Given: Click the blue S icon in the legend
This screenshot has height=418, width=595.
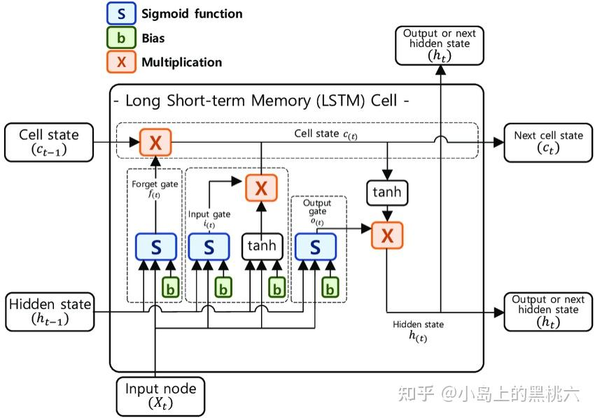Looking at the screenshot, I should pyautogui.click(x=122, y=14).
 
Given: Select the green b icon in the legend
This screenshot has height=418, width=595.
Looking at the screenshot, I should pyautogui.click(x=122, y=38).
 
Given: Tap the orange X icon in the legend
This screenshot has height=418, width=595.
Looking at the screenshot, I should pyautogui.click(x=122, y=62).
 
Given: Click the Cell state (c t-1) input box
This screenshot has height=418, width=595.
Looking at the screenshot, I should pyautogui.click(x=49, y=141).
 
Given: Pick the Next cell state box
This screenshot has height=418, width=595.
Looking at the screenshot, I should pyautogui.click(x=548, y=142).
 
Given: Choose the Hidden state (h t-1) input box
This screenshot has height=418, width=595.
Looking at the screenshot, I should pyautogui.click(x=49, y=312).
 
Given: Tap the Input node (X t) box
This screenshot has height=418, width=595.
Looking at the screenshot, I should pyautogui.click(x=160, y=395).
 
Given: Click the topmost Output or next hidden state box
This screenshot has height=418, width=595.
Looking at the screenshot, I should pyautogui.click(x=440, y=45).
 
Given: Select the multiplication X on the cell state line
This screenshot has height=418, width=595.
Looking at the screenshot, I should pyautogui.click(x=155, y=143).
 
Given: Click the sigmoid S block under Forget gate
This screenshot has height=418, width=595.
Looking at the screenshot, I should pyautogui.click(x=155, y=247).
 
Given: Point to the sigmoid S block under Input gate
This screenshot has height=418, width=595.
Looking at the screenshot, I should pyautogui.click(x=209, y=247).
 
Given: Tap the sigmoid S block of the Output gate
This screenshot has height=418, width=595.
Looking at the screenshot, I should pyautogui.click(x=315, y=247).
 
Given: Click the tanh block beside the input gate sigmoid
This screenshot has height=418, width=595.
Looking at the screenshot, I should pyautogui.click(x=262, y=247).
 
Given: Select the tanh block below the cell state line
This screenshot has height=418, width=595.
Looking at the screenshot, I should pyautogui.click(x=387, y=192).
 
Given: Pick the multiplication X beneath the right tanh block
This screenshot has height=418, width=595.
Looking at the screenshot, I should pyautogui.click(x=387, y=235).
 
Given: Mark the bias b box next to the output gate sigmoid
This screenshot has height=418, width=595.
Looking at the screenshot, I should pyautogui.click(x=330, y=287).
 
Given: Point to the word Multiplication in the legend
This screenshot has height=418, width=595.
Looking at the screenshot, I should pyautogui.click(x=181, y=62).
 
